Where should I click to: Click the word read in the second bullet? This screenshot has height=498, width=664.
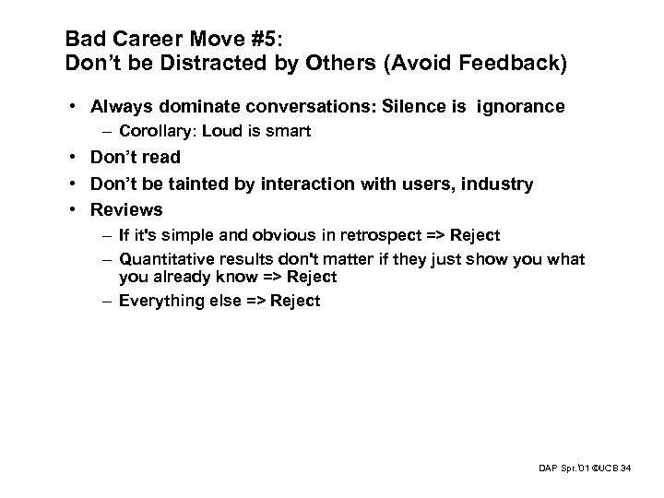point(160,158)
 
